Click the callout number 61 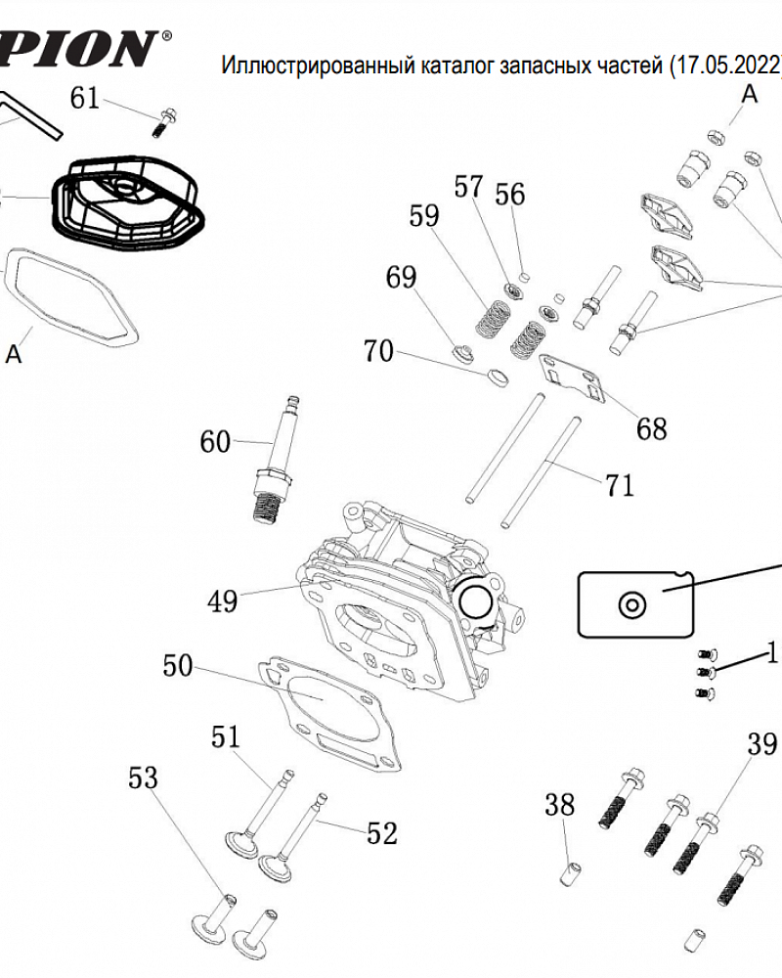click(85, 99)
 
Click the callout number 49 click(223, 601)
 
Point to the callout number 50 click(178, 665)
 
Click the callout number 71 click(619, 485)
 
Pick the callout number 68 click(652, 428)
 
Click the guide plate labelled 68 click(572, 378)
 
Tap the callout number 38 click(559, 805)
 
